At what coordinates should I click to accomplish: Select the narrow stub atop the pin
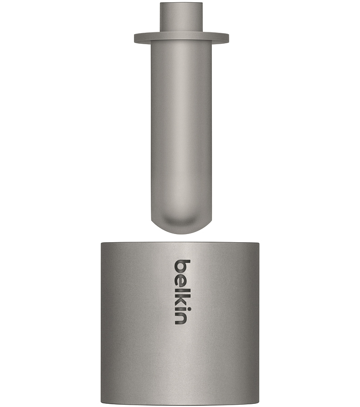pos(181,18)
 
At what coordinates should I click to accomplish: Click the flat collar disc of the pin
pos(181,38)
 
